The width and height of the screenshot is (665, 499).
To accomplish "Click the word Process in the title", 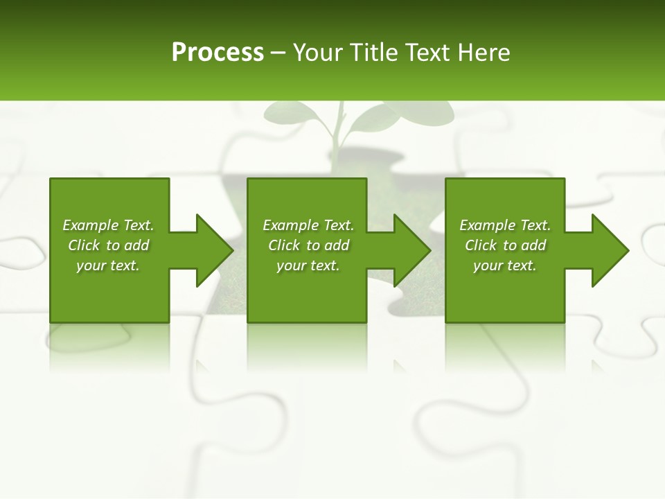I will tap(218, 53).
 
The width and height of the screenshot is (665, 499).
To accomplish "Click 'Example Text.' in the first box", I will tap(108, 225).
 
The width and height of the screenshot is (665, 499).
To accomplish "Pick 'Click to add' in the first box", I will tap(108, 245).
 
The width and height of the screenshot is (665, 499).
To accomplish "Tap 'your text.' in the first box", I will tap(108, 265).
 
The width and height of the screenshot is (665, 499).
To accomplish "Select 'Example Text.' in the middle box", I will tap(308, 225).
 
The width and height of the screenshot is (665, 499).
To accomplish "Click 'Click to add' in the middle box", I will tap(308, 245).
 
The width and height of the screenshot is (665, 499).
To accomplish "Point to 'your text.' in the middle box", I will tap(308, 265).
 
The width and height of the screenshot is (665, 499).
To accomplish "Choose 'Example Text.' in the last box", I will tap(505, 225).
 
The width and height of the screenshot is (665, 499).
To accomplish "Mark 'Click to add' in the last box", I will tap(505, 245).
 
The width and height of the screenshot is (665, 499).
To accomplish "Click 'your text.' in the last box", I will tap(505, 265).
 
